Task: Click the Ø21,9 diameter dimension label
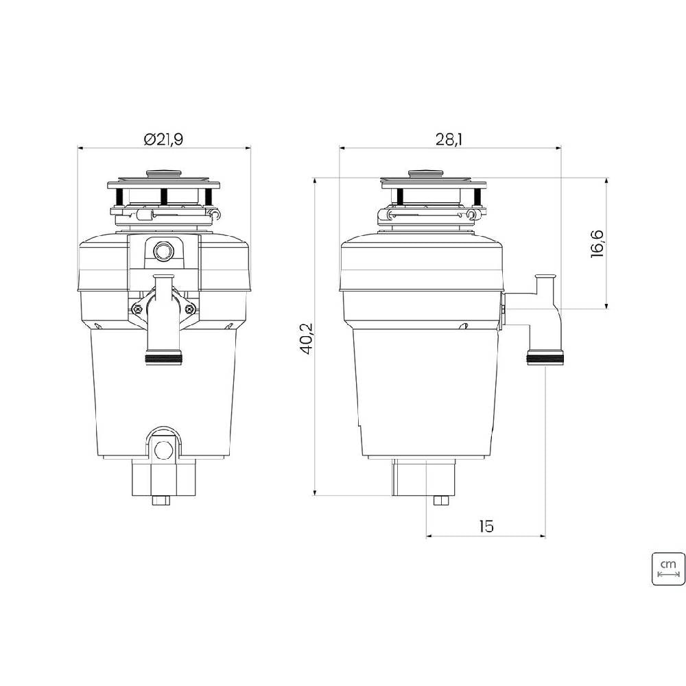163,139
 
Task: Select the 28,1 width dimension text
449,139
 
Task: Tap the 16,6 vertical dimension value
596,244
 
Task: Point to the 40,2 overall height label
306,338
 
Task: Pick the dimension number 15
486,526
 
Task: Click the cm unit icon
668,567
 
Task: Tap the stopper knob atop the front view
163,174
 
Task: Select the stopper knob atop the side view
426,174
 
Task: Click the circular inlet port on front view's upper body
163,251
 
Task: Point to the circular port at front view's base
163,450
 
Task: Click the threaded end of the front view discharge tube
163,357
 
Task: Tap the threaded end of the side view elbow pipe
545,357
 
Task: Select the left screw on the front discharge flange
138,309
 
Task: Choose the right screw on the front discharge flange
189,309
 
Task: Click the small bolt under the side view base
440,499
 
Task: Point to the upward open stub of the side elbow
545,279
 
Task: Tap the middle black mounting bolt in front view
164,196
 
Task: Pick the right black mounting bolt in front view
209,196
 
